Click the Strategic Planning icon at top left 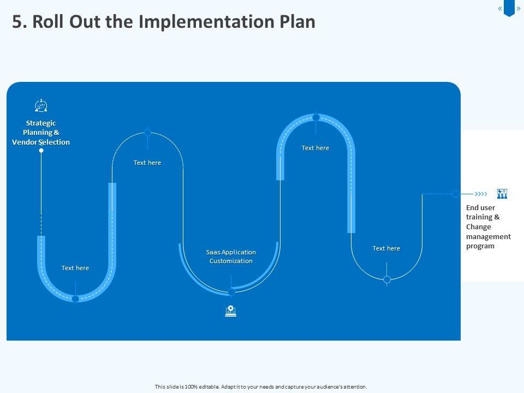click(41, 105)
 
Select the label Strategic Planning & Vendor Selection click(41, 133)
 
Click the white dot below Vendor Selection click(41, 150)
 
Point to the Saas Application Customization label click(231, 257)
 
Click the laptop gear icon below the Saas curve click(231, 311)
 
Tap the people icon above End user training click(502, 194)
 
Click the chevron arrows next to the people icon click(481, 194)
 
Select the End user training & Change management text click(489, 227)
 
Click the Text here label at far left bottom click(75, 268)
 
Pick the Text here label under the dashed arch click(147, 163)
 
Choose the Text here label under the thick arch click(315, 148)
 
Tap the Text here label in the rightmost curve click(386, 248)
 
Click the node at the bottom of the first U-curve click(75, 299)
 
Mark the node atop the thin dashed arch click(147, 132)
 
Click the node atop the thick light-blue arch click(316, 117)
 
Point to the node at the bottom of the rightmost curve click(387, 279)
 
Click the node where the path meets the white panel click(455, 194)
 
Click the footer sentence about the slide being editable click(261, 386)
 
